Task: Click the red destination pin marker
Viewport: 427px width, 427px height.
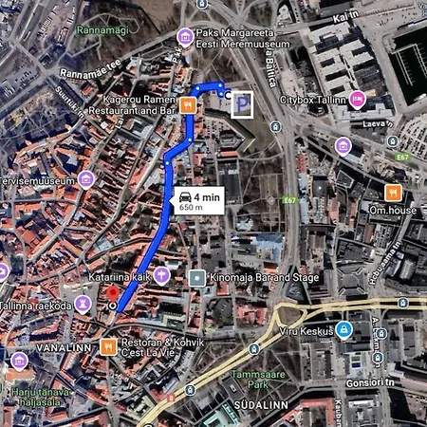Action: pos(112,294)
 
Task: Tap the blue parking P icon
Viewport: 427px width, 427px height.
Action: pos(243,103)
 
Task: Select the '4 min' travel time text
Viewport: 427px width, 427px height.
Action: pos(210,195)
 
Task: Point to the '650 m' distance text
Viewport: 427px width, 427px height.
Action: pos(192,208)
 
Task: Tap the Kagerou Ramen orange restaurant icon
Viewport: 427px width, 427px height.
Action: pos(188,104)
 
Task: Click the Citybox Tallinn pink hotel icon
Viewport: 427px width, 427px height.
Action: pos(357,99)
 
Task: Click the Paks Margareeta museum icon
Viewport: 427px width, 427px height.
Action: pos(186,36)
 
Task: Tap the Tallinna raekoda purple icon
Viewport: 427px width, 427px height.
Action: pos(84,305)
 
